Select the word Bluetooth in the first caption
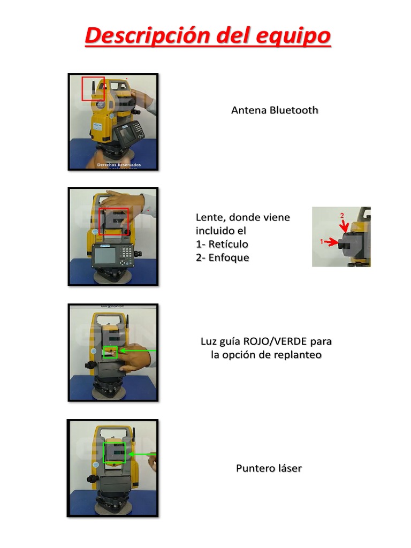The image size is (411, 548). (x=294, y=110)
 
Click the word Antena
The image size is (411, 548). (x=249, y=110)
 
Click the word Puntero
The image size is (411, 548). (x=255, y=468)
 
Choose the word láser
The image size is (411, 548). (x=290, y=468)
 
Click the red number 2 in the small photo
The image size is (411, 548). (x=342, y=215)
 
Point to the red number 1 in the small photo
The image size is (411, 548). (x=322, y=242)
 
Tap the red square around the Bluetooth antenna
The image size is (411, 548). (x=93, y=89)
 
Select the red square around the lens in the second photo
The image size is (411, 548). (x=113, y=222)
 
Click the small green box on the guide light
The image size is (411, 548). (x=110, y=352)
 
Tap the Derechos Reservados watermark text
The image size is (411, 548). (x=119, y=165)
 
